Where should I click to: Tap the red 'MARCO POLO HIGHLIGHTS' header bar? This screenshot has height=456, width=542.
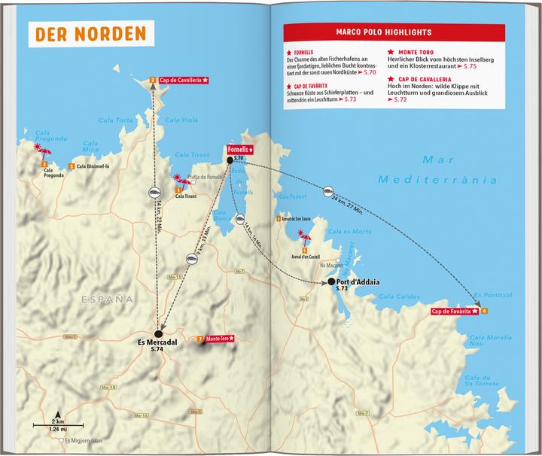[x=394, y=33]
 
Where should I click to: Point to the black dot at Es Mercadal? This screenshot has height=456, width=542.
[x=158, y=334]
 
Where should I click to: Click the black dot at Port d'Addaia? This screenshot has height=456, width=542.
[x=331, y=281]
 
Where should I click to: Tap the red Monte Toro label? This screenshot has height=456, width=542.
[x=219, y=339]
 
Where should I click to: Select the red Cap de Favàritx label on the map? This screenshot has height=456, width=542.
[x=455, y=312]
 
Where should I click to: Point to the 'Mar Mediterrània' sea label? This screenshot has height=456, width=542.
[x=458, y=170]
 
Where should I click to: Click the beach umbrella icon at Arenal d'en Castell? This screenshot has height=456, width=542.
[x=305, y=241]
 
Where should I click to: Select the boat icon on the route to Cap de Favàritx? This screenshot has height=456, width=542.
[x=328, y=193]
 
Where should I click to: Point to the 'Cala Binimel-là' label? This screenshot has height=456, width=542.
[x=96, y=166]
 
